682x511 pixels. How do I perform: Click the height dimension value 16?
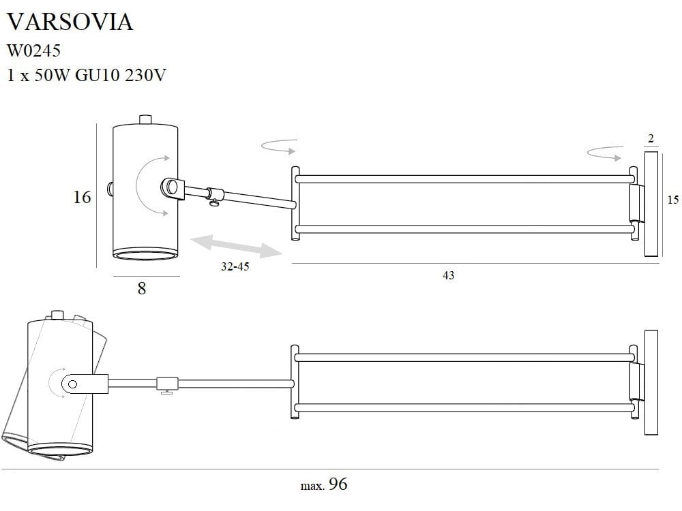82,198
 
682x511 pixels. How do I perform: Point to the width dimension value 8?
142,288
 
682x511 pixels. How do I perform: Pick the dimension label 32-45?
235,267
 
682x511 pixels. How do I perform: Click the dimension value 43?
448,275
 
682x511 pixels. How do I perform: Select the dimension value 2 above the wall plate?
651,139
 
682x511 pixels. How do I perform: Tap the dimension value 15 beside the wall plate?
672,200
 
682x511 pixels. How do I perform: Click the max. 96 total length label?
325,484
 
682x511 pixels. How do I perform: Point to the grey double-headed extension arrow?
237,245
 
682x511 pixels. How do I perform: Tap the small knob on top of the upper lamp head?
145,120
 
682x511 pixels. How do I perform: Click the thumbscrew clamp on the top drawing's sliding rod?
214,195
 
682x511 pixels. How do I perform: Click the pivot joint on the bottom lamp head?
71,385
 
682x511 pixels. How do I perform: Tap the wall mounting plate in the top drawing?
651,204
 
